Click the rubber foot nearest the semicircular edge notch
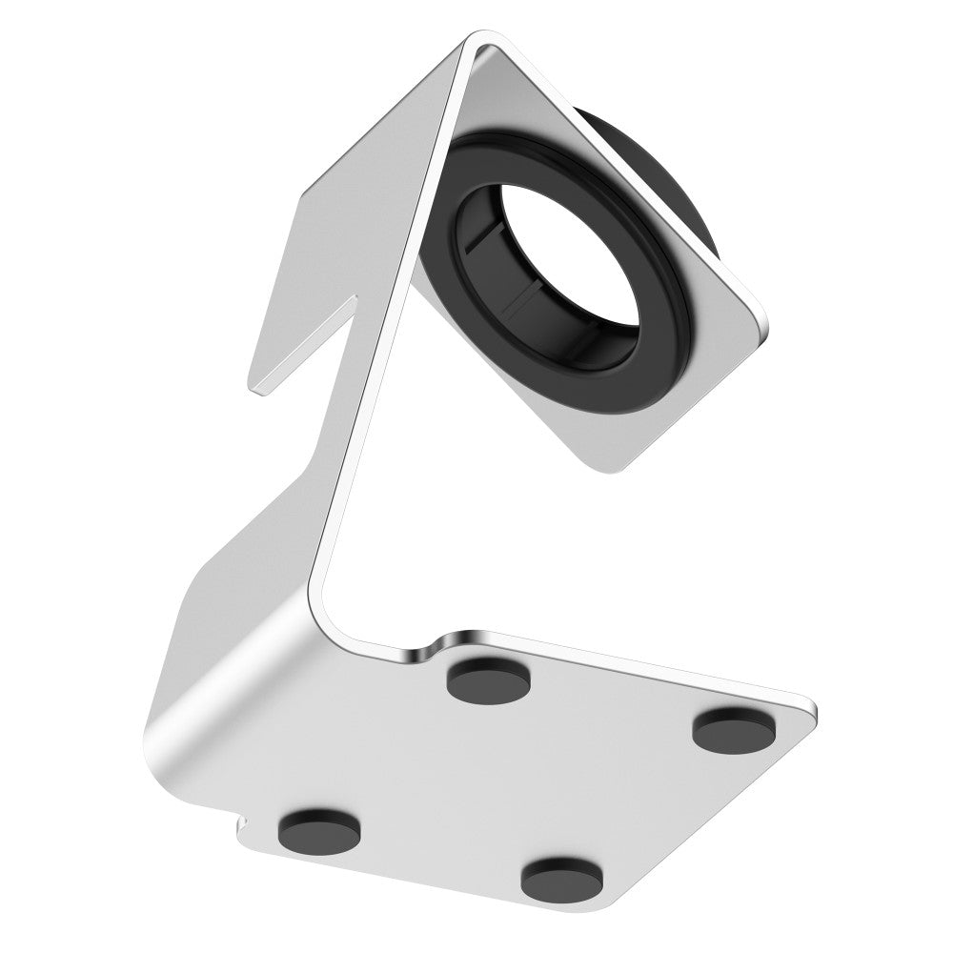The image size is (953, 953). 489,678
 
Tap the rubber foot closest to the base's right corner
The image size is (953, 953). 730,729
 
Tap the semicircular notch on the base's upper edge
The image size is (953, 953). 419,651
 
